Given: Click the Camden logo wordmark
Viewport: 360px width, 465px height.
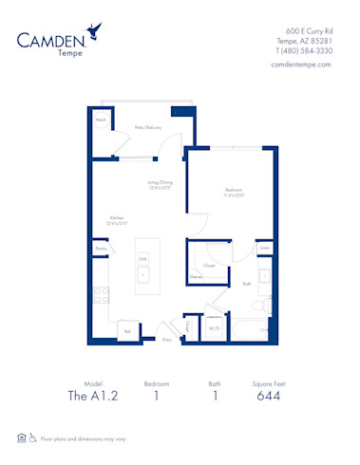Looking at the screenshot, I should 57,39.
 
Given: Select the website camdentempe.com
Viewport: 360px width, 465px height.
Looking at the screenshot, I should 300,64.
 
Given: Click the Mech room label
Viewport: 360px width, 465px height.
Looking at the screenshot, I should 101,121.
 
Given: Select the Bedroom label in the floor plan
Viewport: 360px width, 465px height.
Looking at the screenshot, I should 235,192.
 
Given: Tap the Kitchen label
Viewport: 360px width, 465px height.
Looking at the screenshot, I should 117,219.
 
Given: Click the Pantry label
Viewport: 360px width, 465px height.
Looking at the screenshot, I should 101,249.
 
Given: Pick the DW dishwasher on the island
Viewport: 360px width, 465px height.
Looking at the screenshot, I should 143,258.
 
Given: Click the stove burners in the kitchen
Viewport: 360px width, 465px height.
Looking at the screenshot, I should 99,294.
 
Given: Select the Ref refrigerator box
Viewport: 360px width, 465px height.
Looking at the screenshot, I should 126,331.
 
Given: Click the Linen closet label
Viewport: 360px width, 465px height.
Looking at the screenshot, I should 264,250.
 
